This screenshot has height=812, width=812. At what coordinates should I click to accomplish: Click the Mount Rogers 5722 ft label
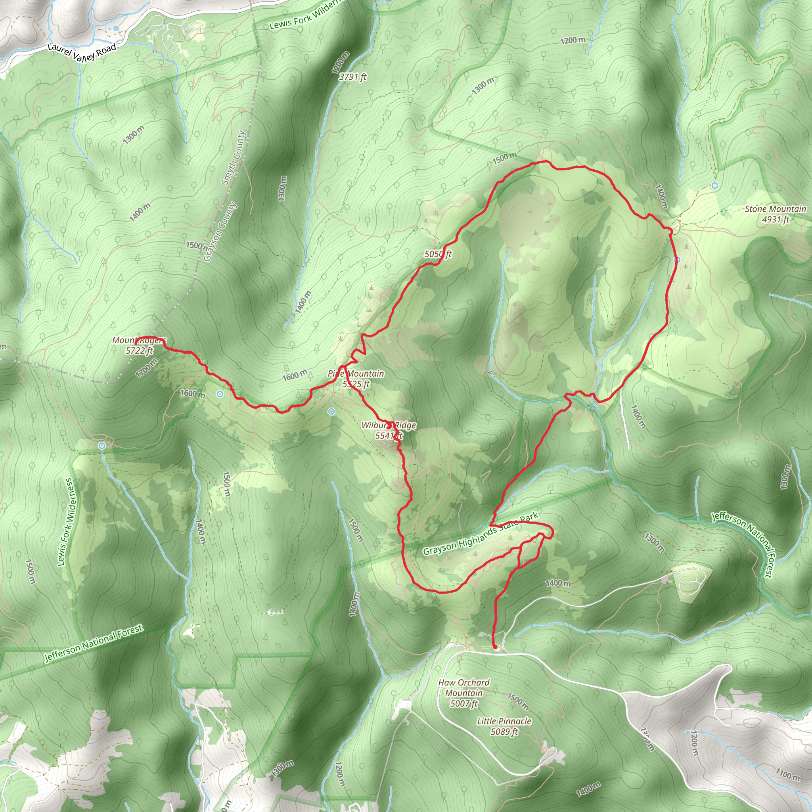click(139, 345)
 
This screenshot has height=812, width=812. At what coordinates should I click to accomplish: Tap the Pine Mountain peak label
click(356, 378)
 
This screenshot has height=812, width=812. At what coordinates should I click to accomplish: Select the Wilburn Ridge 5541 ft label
click(389, 430)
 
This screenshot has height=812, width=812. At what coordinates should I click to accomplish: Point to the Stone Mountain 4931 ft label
click(776, 214)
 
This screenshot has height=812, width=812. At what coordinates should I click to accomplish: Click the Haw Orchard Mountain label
click(464, 693)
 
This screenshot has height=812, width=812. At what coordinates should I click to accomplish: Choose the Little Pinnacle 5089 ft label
click(504, 726)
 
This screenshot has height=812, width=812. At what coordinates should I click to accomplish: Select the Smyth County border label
click(233, 158)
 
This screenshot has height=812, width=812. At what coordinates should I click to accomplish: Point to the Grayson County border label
click(220, 232)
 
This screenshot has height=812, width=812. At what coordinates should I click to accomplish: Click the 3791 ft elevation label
click(352, 77)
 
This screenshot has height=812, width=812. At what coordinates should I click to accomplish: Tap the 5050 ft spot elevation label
click(438, 254)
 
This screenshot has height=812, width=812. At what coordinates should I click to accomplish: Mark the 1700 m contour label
click(146, 368)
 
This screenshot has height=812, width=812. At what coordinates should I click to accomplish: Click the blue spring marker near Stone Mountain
click(714, 185)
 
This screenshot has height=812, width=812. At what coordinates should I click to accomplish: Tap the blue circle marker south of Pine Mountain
click(331, 412)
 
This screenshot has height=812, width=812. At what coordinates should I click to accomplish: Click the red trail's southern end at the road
click(495, 647)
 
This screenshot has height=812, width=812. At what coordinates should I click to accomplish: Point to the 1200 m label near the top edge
click(573, 40)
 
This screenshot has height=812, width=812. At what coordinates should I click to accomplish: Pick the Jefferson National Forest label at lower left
click(94, 643)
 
